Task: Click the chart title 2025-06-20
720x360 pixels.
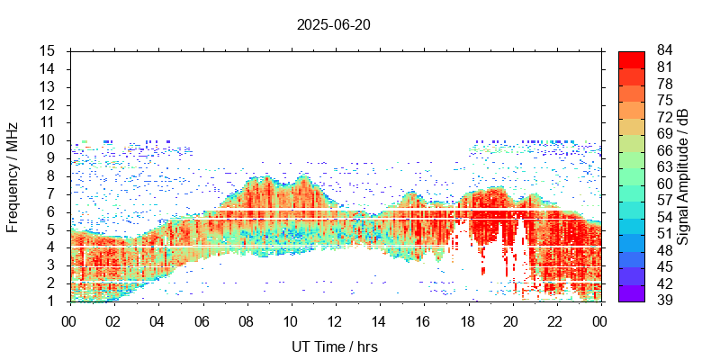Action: point(333,25)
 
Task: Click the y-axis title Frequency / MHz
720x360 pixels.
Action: point(13,175)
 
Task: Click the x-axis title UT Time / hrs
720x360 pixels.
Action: point(333,346)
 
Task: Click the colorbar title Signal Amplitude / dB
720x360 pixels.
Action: point(683,175)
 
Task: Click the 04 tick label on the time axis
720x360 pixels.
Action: point(157,320)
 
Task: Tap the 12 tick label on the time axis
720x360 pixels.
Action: point(334,320)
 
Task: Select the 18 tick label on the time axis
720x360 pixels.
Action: point(467,320)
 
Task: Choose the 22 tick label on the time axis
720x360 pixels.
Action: point(555,320)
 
